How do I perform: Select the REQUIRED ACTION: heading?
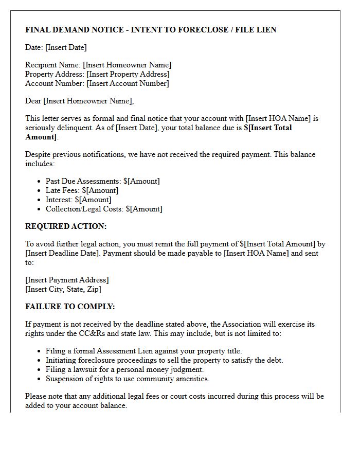click(66, 226)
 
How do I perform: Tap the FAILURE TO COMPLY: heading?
click(70, 307)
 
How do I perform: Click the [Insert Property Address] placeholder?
click(128, 74)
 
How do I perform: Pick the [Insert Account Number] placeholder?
click(128, 83)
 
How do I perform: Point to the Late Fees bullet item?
click(82, 190)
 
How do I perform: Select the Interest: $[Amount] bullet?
click(78, 200)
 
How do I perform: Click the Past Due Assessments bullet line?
click(102, 181)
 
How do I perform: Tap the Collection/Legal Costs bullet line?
click(103, 209)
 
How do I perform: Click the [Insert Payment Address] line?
click(67, 280)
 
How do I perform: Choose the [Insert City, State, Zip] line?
click(63, 289)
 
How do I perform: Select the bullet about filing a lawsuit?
click(124, 369)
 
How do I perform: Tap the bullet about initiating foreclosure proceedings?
click(164, 360)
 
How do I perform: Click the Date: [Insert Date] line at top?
click(56, 47)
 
